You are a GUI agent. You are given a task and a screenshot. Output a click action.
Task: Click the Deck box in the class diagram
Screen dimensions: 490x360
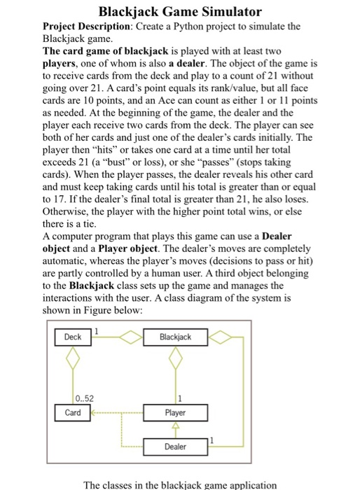click(72, 337)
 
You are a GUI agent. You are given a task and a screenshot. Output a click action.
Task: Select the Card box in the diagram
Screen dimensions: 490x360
click(72, 412)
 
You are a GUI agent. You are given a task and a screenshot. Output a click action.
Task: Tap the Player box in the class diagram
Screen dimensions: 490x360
click(175, 412)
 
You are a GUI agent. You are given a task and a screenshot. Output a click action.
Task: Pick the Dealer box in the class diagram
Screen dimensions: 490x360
click(175, 446)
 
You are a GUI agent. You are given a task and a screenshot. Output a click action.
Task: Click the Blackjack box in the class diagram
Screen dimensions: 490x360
click(175, 337)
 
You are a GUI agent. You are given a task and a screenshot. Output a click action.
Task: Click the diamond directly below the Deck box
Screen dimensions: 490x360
click(72, 360)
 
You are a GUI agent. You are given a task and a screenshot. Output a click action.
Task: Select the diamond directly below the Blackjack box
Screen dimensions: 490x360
click(175, 360)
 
